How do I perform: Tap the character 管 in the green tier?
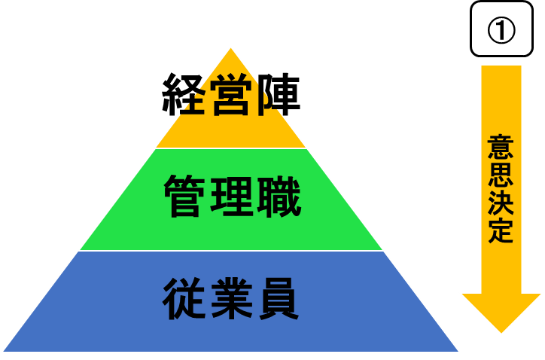tap(185, 197)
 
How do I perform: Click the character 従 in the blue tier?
tap(185, 300)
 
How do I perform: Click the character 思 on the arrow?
tap(501, 175)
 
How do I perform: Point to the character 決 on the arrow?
tap(501, 204)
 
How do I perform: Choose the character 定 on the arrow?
tap(501, 232)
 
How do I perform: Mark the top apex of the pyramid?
tap(230, 48)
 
